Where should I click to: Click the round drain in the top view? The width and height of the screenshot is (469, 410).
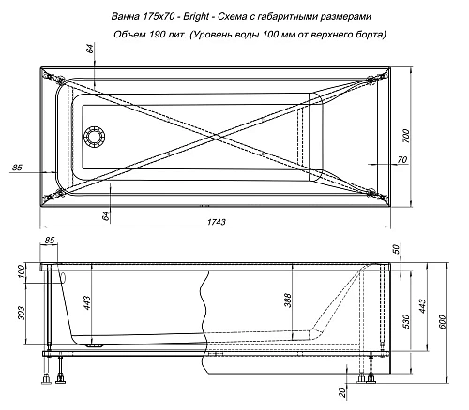click(95, 138)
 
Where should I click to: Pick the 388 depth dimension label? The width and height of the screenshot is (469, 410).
click(288, 300)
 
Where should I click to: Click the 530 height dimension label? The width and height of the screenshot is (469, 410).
click(407, 322)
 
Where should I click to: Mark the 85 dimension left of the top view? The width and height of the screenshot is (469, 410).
click(16, 168)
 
